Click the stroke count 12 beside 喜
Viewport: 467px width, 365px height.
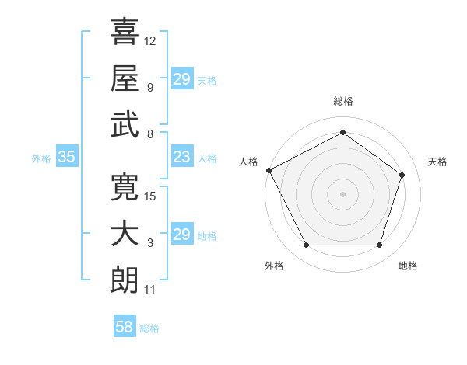coord(150,40)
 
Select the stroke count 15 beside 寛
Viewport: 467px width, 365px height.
coord(150,196)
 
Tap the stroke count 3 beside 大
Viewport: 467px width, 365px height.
coord(149,243)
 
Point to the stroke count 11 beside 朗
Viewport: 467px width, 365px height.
coord(149,290)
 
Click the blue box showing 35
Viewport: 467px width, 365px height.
coord(66,158)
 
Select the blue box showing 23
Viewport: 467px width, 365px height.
coord(181,158)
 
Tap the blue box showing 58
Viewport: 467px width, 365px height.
coord(124,327)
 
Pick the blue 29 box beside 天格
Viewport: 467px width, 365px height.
coord(182,79)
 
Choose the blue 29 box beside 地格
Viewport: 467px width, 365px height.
coord(181,235)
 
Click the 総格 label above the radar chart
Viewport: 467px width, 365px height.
coord(342,101)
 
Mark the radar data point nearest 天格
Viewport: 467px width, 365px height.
coord(402,175)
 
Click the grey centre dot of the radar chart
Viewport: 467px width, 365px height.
coord(342,193)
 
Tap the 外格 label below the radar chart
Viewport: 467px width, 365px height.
coord(274,266)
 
